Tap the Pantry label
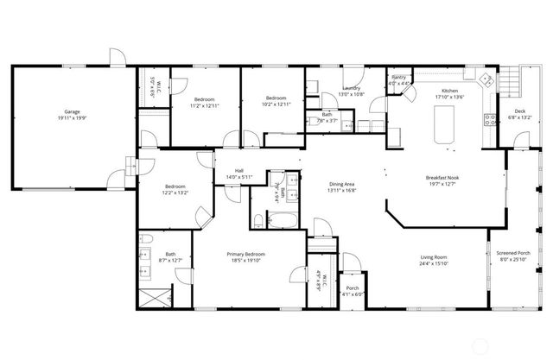[x=398, y=78]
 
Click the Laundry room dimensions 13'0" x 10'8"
[x=351, y=94]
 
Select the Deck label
[x=519, y=111]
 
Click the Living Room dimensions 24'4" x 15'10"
[x=434, y=263]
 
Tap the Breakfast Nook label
[x=442, y=178]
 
